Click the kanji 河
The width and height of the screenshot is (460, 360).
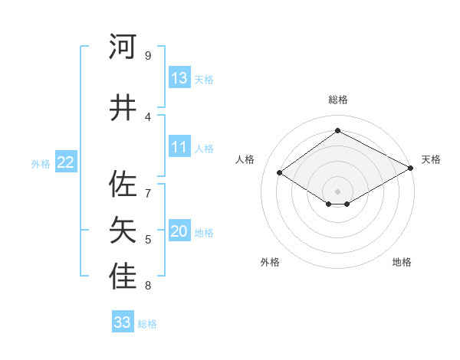point(123,47)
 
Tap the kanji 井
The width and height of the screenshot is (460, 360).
point(123,108)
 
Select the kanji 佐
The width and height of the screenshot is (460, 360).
point(123,184)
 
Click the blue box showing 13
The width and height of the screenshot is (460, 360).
point(179,78)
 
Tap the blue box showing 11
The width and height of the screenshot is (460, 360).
point(179,147)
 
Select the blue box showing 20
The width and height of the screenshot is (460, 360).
point(179,232)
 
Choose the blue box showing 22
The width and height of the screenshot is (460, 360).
point(66,162)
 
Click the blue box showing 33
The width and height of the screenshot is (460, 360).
point(123,322)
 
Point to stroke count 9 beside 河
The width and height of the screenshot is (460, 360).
point(148,56)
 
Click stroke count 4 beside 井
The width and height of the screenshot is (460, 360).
point(148,117)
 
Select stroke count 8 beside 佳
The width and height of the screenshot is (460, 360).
point(148,286)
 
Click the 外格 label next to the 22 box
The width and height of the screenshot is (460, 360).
point(41,163)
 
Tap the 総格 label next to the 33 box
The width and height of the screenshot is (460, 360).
point(147,324)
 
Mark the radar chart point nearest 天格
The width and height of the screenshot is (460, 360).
point(411,169)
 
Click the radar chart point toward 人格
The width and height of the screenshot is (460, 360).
point(280,173)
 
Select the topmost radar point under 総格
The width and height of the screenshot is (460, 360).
point(337,131)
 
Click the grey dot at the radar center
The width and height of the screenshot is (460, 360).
point(337,190)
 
